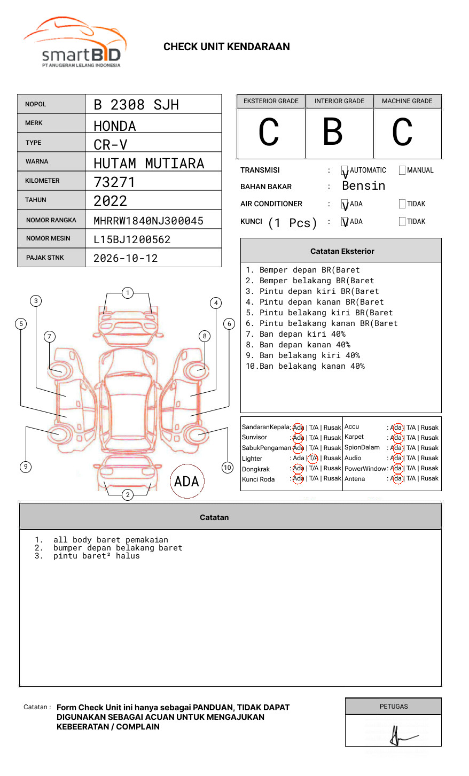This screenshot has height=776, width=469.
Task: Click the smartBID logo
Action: (75, 43)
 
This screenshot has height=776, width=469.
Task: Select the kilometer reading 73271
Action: (114, 182)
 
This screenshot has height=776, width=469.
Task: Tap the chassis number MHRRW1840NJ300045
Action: (148, 221)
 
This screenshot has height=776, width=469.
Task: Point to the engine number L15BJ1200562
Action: (132, 239)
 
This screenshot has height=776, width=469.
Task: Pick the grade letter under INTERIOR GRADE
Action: (332, 132)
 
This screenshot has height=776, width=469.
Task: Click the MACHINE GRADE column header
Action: (407, 101)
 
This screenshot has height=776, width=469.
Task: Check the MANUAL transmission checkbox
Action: (402, 170)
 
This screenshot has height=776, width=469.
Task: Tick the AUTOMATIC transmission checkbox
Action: (345, 170)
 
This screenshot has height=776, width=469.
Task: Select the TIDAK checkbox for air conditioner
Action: (402, 204)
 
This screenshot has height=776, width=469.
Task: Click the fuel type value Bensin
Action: (363, 186)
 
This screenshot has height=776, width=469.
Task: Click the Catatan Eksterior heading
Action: (342, 251)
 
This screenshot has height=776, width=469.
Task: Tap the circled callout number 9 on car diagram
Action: (26, 467)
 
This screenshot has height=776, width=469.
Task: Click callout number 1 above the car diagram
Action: (127, 292)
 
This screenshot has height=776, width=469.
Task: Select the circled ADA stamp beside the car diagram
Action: (186, 481)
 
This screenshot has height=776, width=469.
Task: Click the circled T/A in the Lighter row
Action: (313, 458)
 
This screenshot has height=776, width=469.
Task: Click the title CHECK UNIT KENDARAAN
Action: (226, 47)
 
